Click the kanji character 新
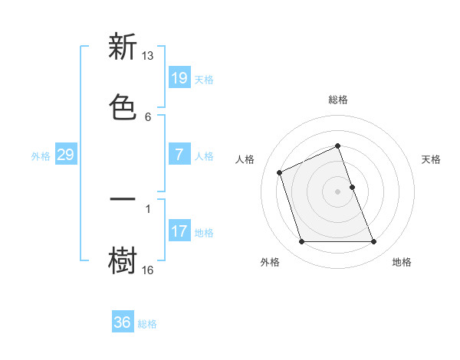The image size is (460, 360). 123,47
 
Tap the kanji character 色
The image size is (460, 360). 123,106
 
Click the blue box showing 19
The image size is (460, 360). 179,78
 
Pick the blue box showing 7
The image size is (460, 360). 179,155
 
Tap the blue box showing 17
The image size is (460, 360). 179,231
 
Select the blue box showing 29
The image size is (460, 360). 65,155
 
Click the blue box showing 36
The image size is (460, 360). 122,322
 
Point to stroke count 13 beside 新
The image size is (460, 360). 148,56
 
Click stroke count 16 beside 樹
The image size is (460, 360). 148,270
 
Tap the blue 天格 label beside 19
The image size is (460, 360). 204,80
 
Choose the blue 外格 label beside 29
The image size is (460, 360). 41,156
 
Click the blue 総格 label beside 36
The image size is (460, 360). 147,324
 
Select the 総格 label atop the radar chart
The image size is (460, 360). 338,100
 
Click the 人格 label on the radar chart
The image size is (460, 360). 245,159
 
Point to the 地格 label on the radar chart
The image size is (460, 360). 402,262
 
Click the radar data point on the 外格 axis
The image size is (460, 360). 301,242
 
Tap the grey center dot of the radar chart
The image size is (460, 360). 338,191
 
